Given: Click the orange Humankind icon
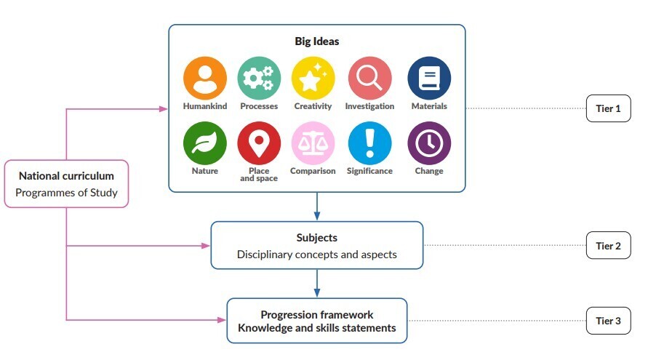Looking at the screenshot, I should tap(205, 78).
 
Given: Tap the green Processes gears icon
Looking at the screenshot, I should tap(259, 78).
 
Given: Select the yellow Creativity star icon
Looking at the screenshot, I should tap(313, 78).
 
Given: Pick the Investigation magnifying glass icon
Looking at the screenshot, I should tap(369, 78).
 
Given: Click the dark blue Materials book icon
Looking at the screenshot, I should tap(429, 78).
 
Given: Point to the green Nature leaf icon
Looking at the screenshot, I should tap(205, 143).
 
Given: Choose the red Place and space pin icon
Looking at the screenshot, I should tap(259, 143).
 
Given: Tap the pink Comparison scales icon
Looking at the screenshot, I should tap(313, 143).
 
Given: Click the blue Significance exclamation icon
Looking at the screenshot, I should tap(369, 143).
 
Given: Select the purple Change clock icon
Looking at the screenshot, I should tap(429, 143).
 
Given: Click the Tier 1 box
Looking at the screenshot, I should tap(608, 109).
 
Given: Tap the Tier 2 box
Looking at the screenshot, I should tap(608, 246).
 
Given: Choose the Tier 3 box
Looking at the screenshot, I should tap(608, 321).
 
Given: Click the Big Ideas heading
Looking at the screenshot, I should tap(316, 41).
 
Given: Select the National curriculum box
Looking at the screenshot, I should tap(66, 183).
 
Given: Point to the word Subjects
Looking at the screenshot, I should tap(316, 238).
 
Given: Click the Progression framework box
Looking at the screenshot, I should tap(316, 321).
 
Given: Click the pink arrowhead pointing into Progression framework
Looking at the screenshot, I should tap(222, 319).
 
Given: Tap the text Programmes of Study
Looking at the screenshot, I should tap(66, 193).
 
